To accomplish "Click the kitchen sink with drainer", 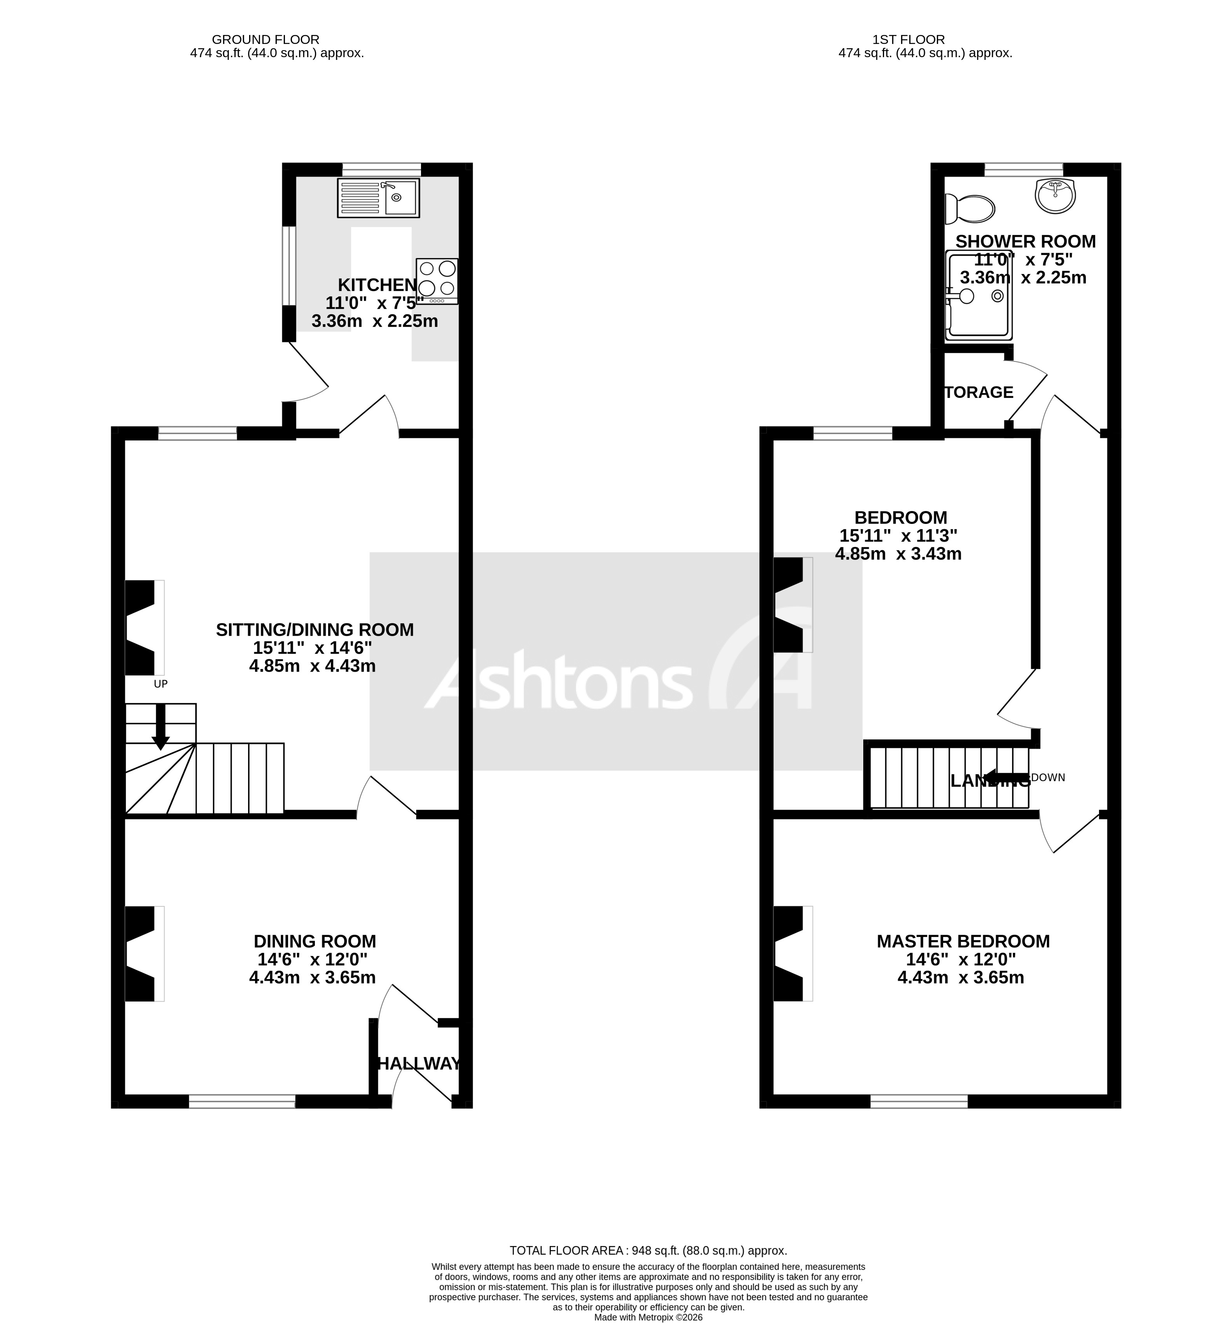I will (x=378, y=198).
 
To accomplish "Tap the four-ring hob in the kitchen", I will (x=437, y=280).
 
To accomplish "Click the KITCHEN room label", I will (x=377, y=285).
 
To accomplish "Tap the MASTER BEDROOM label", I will (x=963, y=941).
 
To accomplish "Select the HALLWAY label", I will (x=418, y=1063).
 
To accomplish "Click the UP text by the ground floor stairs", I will (x=161, y=684).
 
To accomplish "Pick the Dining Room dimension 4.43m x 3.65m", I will (x=312, y=977).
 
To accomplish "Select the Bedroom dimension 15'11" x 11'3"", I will (x=898, y=535).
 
